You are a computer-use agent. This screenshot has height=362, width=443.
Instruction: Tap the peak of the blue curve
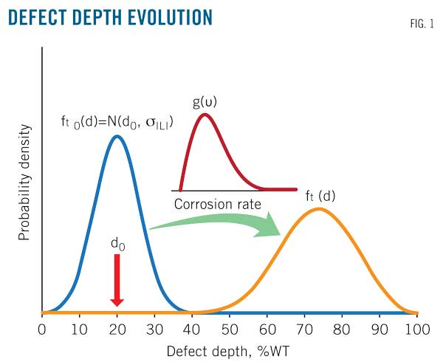(x=116, y=136)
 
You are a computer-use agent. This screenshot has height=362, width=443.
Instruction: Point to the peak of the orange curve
(x=318, y=209)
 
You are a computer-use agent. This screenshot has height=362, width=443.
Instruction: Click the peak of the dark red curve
(x=205, y=114)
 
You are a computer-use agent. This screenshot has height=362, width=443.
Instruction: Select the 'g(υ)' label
(x=205, y=98)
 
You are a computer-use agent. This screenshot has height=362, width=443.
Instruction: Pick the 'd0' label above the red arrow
(x=117, y=243)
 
